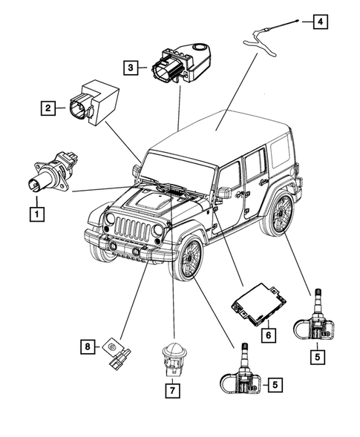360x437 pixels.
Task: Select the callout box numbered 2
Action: [x=48, y=109]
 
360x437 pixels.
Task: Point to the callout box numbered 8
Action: [x=88, y=346]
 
